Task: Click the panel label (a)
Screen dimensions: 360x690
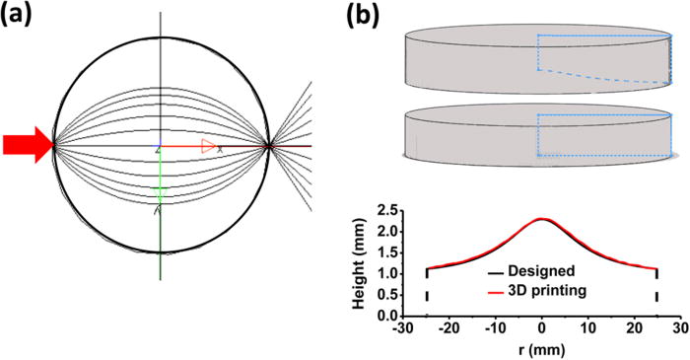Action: click(x=22, y=18)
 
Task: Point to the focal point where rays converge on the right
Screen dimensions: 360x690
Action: click(x=268, y=147)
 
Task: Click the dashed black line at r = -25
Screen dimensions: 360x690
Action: click(x=427, y=286)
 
